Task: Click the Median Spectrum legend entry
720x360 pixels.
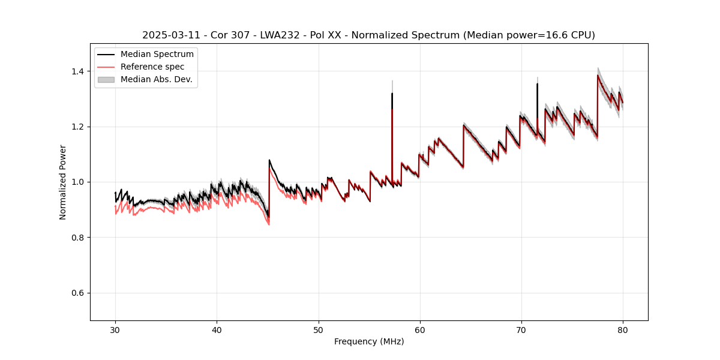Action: click(x=157, y=55)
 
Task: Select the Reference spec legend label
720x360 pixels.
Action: click(x=152, y=67)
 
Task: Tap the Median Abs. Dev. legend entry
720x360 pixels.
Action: click(x=156, y=79)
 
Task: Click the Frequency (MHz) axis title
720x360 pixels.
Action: click(x=369, y=341)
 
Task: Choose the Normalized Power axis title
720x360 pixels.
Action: click(x=63, y=182)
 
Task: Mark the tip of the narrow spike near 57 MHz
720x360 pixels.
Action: click(x=392, y=93)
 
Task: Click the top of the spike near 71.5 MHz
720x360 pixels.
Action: click(x=537, y=83)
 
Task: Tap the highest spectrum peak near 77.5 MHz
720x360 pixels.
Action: click(x=598, y=75)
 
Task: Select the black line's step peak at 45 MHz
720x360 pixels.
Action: click(x=269, y=160)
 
